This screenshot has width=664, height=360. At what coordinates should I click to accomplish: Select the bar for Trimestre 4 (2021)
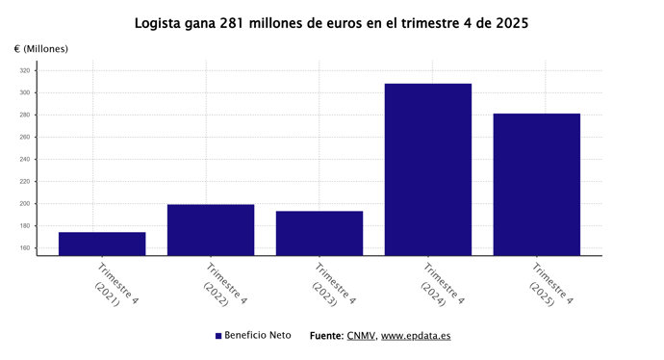tap(102, 244)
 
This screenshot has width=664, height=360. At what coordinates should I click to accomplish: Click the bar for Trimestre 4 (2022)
tap(211, 229)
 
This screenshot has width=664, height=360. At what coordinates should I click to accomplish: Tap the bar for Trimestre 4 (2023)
tap(319, 233)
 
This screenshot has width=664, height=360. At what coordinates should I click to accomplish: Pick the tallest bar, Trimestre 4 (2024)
tap(428, 169)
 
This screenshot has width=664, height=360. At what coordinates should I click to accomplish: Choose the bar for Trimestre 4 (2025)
tap(537, 184)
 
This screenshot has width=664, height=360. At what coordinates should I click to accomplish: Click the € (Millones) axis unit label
tap(41, 48)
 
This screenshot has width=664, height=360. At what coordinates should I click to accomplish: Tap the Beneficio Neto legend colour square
tap(218, 336)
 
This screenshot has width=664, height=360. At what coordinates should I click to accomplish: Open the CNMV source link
tap(361, 336)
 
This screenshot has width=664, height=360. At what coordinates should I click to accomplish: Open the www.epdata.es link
tap(416, 336)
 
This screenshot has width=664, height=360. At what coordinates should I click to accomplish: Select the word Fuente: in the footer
tap(326, 336)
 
